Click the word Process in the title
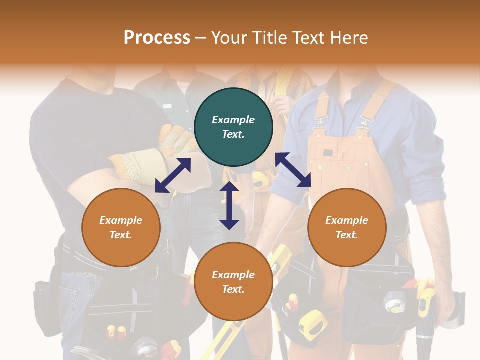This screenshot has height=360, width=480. pyautogui.click(x=157, y=38)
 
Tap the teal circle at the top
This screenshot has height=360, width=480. pyautogui.click(x=233, y=127)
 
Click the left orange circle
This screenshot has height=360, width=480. pyautogui.click(x=121, y=227)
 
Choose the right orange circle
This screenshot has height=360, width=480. pyautogui.click(x=347, y=227)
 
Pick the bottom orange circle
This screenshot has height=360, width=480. pyautogui.click(x=233, y=282)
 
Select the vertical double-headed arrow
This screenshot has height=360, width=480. pyautogui.click(x=229, y=205)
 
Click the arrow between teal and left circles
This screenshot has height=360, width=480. pyautogui.click(x=173, y=175)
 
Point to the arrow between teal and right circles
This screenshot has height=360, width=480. pyautogui.click(x=293, y=170)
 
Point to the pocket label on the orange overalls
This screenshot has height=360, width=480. pyautogui.click(x=328, y=153)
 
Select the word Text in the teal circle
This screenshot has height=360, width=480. pyautogui.click(x=233, y=134)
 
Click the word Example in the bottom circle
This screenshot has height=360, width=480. pyautogui.click(x=233, y=275)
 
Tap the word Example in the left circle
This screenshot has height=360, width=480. pyautogui.click(x=121, y=220)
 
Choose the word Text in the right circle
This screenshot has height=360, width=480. pyautogui.click(x=347, y=235)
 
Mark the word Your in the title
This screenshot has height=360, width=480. pyautogui.click(x=228, y=38)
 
